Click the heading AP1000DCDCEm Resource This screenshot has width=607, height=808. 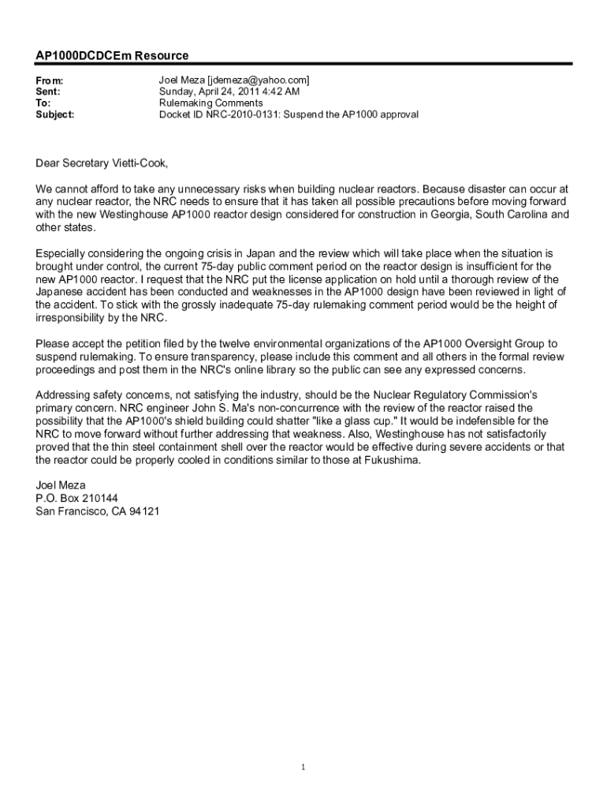[112, 56]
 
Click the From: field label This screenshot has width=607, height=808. [50, 80]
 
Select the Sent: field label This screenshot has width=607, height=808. [49, 92]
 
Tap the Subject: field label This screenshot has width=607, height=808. [55, 114]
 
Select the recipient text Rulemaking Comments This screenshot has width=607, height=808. [211, 103]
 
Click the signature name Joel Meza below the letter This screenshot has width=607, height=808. [61, 485]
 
